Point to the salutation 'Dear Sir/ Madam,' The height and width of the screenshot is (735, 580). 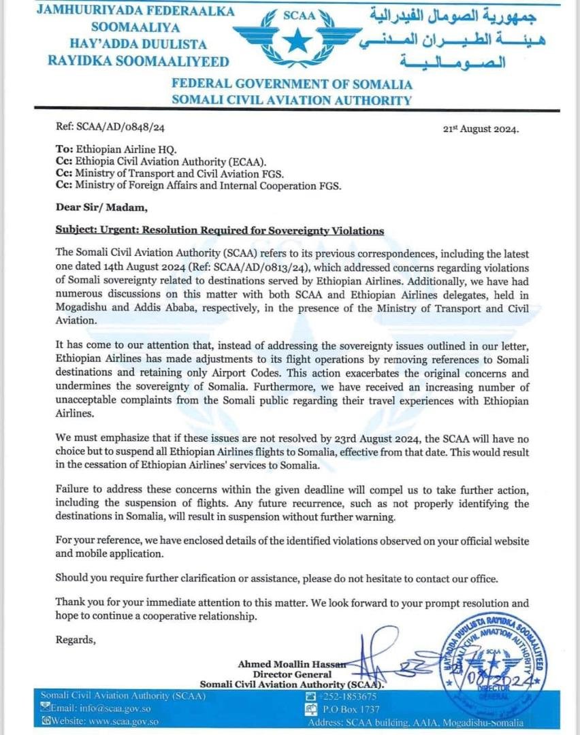coord(99,208)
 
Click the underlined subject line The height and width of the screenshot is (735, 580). coord(219,231)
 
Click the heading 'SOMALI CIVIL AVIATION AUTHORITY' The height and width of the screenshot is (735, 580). coord(291,100)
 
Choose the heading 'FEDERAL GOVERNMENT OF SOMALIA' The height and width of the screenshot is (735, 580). coord(291,84)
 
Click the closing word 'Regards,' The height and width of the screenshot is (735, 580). coord(76,640)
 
